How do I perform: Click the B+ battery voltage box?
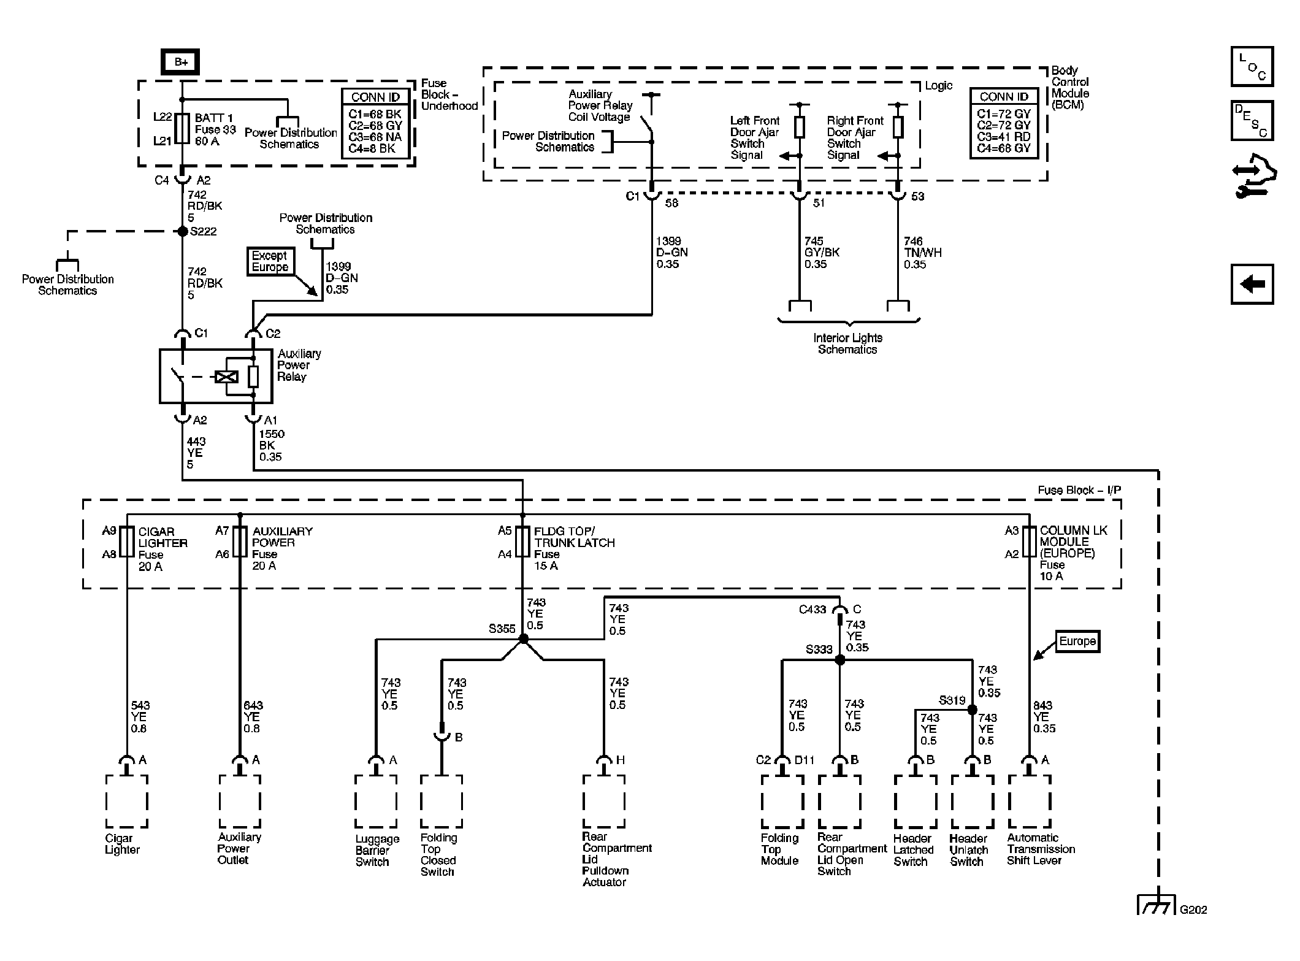click(180, 62)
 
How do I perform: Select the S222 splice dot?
click(182, 231)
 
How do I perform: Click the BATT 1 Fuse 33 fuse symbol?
click(182, 128)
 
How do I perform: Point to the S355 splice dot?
click(523, 639)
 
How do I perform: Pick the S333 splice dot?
click(840, 660)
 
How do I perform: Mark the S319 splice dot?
click(972, 710)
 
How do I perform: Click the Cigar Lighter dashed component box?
click(127, 801)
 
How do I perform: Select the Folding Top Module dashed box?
click(782, 801)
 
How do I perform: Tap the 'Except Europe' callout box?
click(270, 261)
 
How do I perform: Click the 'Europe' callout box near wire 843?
click(1077, 641)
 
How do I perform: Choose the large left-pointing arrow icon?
click(1252, 284)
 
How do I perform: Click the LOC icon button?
click(1252, 66)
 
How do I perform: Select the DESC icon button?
click(1252, 121)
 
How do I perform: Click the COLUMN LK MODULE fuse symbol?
click(1029, 542)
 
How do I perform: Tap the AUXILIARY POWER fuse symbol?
click(239, 542)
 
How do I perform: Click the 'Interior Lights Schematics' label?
click(847, 343)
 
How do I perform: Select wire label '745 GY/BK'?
click(822, 252)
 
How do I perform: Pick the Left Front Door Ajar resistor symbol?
click(799, 128)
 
